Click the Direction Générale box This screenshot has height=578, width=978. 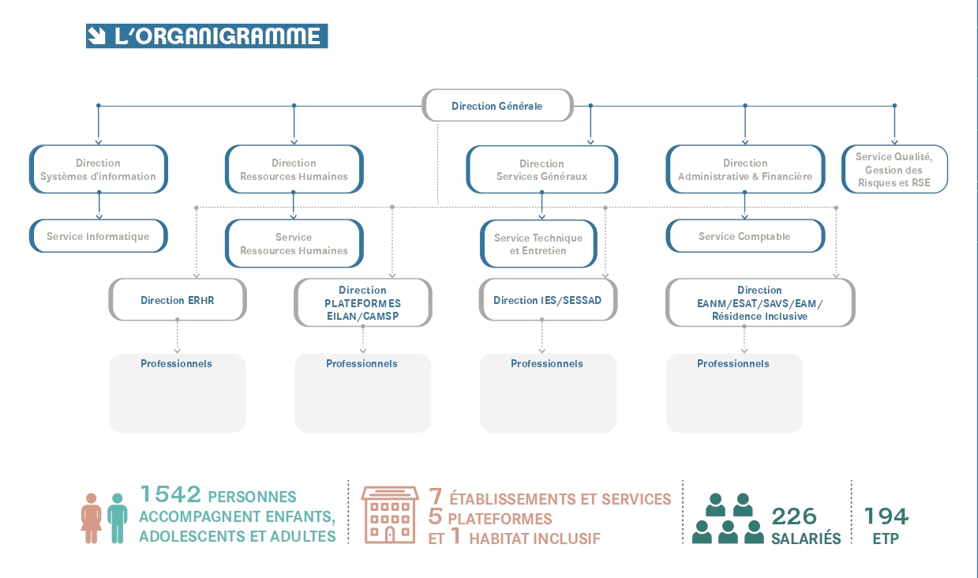pos(497,105)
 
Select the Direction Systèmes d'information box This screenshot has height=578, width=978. pos(98,169)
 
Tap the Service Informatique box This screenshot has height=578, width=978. pos(98,236)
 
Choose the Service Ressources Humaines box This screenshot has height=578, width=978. pos(294,243)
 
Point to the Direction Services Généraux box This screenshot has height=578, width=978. pos(541,170)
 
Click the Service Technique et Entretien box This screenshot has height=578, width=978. pos(538,244)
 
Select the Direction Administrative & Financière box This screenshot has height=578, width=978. pos(745,169)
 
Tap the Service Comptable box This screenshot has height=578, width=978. pos(745,236)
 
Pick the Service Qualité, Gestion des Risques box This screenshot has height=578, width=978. pos(894,169)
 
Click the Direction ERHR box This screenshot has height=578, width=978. pos(178,300)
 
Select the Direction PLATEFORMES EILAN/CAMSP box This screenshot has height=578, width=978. pos(363,302)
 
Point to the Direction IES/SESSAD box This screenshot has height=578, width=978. pos(548,300)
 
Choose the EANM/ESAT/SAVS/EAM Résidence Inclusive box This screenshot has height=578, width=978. pos(760,302)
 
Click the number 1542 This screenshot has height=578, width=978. pos(170,494)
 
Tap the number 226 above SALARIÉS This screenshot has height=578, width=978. pos(794,517)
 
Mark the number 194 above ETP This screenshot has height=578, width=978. pos(886,516)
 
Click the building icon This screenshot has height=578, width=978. pos(390,515)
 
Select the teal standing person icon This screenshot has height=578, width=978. pos(118,518)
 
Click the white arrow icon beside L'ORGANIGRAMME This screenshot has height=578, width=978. pos(96,36)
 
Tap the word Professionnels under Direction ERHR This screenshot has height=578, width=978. pos(176,363)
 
